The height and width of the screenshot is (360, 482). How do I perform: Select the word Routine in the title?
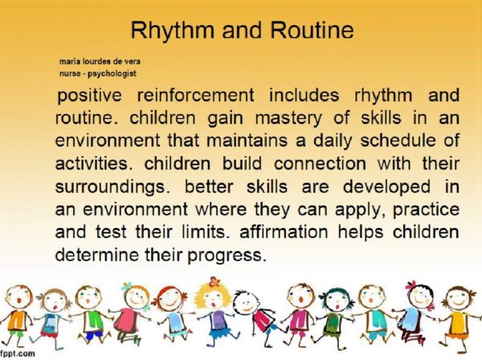tap(309, 31)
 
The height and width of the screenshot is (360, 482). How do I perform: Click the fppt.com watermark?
tap(18, 353)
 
